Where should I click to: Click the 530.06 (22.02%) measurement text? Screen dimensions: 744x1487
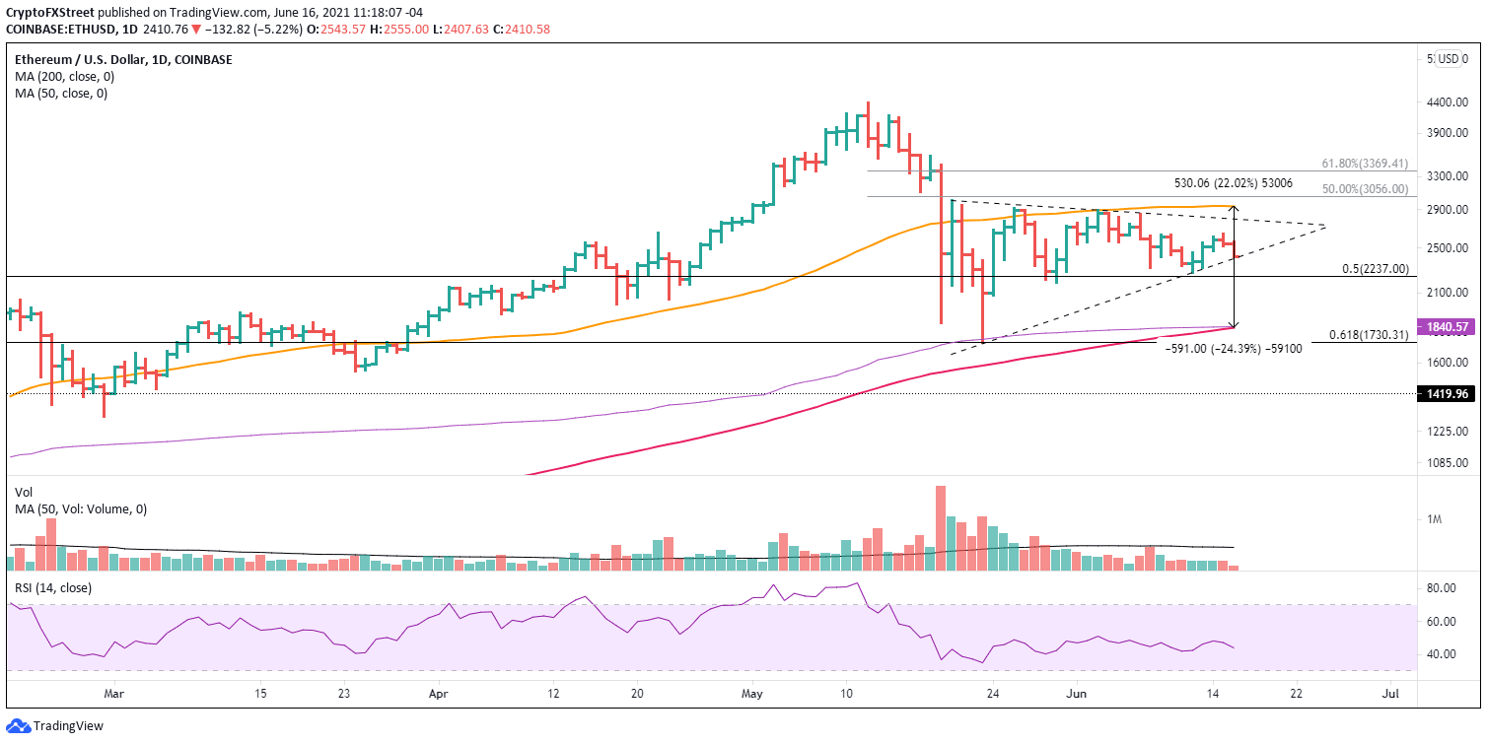click(x=1233, y=182)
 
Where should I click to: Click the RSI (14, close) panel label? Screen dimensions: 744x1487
click(x=49, y=587)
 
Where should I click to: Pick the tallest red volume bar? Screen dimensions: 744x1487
click(x=940, y=528)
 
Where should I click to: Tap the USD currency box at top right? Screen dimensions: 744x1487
click(x=1448, y=58)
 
